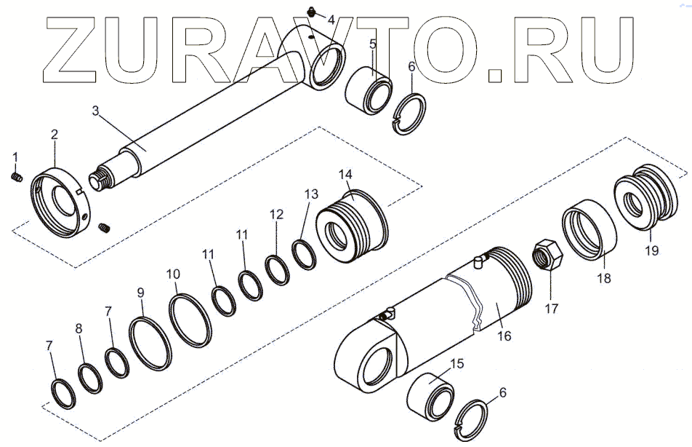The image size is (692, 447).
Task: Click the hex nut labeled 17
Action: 547,256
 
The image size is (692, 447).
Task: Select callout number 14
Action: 345,175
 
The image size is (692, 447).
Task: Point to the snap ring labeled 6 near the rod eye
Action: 409,114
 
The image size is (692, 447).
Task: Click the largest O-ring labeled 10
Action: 190,320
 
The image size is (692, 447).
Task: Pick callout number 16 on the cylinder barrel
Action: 504,336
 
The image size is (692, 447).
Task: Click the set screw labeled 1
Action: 16,178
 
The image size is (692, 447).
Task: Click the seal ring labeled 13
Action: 304,254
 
